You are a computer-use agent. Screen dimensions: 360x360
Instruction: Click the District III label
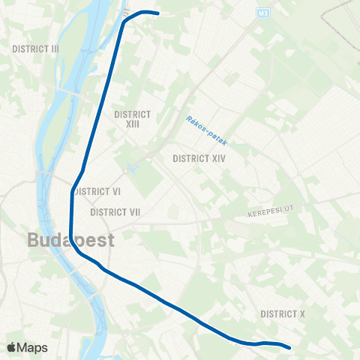[35, 48]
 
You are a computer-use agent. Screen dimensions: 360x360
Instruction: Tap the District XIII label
[132, 118]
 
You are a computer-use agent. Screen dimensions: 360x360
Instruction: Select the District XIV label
[199, 158]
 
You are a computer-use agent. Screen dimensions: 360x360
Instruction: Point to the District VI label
[98, 190]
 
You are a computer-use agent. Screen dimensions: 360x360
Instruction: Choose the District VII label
[115, 212]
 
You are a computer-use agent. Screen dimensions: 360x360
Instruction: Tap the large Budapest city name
[71, 240]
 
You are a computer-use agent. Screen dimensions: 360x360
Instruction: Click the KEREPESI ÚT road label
[268, 215]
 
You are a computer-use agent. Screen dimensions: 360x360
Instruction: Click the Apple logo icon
[12, 347]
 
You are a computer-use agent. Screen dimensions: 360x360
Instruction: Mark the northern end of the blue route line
[158, 13]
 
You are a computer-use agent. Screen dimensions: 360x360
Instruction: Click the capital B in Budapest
[33, 240]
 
